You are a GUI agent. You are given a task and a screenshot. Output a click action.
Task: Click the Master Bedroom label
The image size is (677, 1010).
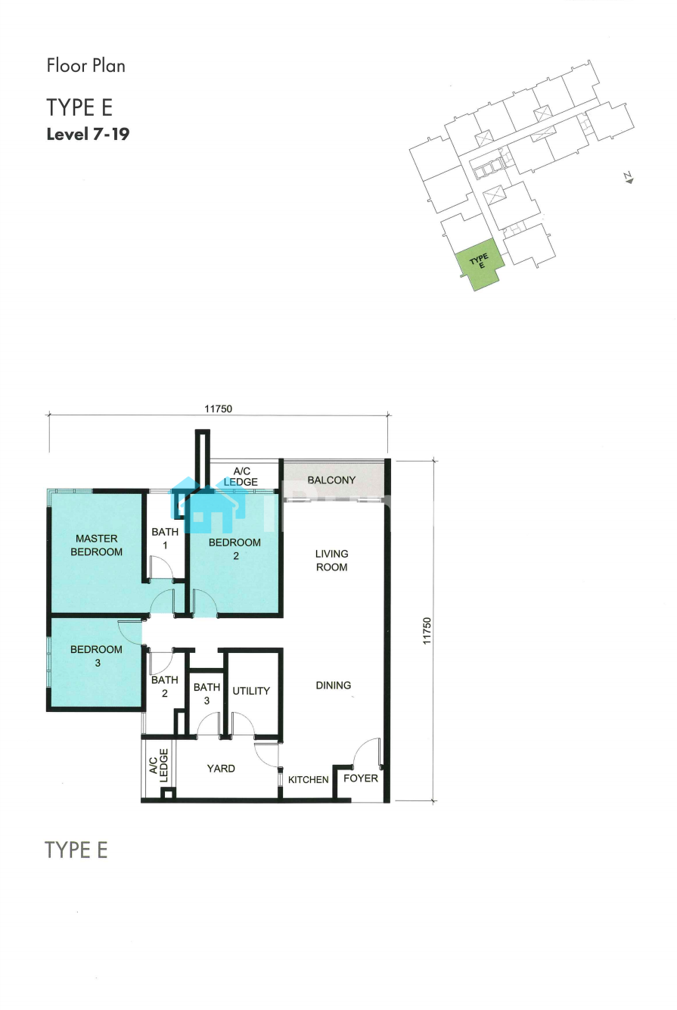click(97, 545)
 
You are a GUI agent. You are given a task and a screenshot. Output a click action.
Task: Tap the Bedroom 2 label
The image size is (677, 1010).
click(234, 549)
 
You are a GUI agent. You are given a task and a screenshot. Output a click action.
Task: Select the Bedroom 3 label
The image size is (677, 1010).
click(97, 656)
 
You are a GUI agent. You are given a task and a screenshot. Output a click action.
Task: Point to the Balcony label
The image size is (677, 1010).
click(332, 480)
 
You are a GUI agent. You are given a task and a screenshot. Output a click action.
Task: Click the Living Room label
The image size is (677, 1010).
click(332, 560)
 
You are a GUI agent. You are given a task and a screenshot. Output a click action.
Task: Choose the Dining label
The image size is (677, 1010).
click(333, 685)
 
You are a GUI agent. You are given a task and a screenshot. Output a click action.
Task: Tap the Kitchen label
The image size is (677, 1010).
click(309, 779)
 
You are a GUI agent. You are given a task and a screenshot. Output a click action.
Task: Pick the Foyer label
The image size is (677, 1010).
click(361, 778)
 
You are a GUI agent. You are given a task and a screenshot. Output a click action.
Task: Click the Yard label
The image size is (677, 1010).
click(221, 769)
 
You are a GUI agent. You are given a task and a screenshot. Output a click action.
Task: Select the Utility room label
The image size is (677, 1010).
click(251, 691)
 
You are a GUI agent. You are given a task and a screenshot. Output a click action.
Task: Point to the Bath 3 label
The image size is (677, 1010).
click(207, 694)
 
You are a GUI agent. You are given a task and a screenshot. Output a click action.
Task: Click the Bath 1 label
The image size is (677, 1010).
click(165, 539)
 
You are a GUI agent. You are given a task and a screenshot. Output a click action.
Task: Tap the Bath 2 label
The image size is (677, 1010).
click(164, 686)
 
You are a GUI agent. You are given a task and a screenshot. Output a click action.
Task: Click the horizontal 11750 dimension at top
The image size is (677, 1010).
click(218, 409)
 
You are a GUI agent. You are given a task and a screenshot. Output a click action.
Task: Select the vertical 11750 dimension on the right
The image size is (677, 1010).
click(427, 630)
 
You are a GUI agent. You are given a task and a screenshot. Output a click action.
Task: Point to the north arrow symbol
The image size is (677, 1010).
click(629, 179)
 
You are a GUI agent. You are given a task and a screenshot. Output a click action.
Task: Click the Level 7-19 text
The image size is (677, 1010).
click(88, 134)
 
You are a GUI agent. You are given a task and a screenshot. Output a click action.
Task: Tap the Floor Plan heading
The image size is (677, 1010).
click(85, 66)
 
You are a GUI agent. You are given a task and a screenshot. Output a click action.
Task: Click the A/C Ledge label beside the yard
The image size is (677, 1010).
click(159, 766)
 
